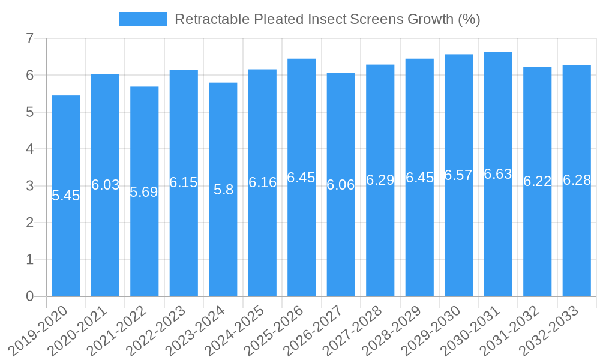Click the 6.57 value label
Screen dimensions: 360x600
pyautogui.click(x=458, y=175)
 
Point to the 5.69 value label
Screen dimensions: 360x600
pyautogui.click(x=144, y=192)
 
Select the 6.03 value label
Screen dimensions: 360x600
pyautogui.click(x=105, y=185)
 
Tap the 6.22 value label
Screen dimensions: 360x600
pyautogui.click(x=537, y=181)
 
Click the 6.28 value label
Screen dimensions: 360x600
pyautogui.click(x=577, y=180)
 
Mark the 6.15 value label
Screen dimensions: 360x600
pyautogui.click(x=184, y=182)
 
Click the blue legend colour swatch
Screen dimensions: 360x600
pyautogui.click(x=143, y=19)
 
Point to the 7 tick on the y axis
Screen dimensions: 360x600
pyautogui.click(x=29, y=38)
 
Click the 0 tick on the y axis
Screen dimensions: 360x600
pyautogui.click(x=29, y=296)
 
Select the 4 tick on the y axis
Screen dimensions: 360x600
pyautogui.click(x=29, y=149)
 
